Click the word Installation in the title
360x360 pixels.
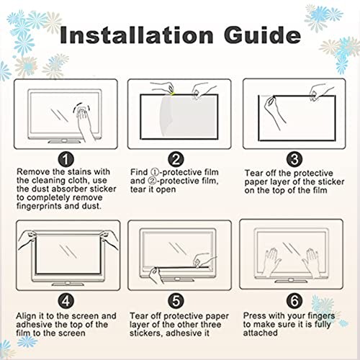pyautogui.click(x=137, y=35)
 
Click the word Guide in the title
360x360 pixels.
pyautogui.click(x=262, y=35)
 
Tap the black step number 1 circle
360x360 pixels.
pyautogui.click(x=66, y=159)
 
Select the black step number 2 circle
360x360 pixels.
pyautogui.click(x=176, y=159)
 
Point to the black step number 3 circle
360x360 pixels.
pyautogui.click(x=294, y=159)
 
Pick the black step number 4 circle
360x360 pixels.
pyautogui.click(x=66, y=300)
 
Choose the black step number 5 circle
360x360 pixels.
pyautogui.click(x=176, y=300)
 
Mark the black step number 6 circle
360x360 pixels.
pyautogui.click(x=294, y=300)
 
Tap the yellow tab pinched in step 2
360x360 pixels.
pyautogui.click(x=172, y=94)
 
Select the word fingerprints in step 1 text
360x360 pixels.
pyautogui.click(x=40, y=207)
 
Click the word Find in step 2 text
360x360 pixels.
pyautogui.click(x=139, y=172)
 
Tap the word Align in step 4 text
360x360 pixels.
pyautogui.click(x=26, y=316)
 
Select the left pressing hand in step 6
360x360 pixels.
pyautogui.click(x=271, y=261)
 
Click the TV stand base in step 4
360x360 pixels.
pyautogui.click(x=68, y=284)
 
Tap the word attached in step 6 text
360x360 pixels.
pyautogui.click(x=261, y=333)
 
